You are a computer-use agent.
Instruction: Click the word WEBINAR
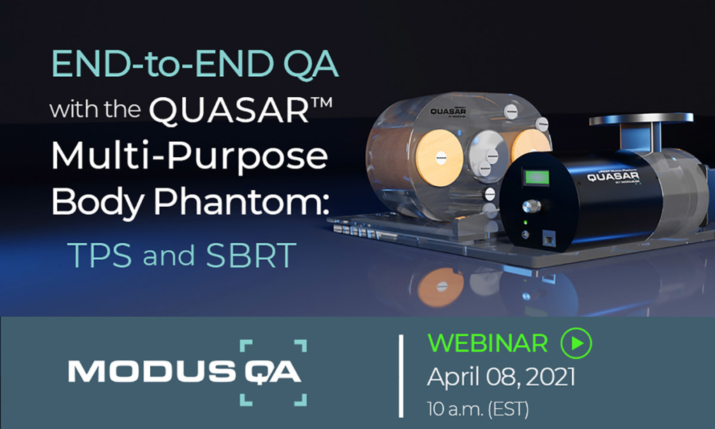[x=487, y=343]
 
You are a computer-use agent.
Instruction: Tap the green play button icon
[x=576, y=343]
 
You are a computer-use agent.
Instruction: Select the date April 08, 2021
[x=501, y=377]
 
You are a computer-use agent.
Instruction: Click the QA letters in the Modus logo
[x=272, y=372]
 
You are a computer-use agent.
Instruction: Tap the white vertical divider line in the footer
[x=401, y=376]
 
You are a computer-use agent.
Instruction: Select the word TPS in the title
[x=100, y=258]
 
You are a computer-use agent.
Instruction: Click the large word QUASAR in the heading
[x=241, y=110]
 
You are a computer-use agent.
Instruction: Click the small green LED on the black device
[x=524, y=224]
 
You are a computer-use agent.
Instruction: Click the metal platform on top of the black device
[x=641, y=120]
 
